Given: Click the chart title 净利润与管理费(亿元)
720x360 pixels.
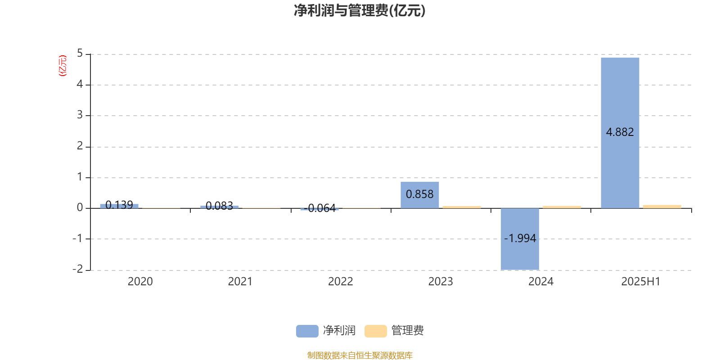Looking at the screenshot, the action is (x=360, y=10).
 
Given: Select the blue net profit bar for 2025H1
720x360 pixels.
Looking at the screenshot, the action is (x=620, y=133).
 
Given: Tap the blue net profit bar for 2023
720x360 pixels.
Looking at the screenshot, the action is (x=419, y=195).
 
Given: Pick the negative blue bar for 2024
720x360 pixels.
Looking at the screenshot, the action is (x=520, y=239).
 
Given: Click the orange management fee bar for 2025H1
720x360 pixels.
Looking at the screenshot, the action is (x=662, y=207).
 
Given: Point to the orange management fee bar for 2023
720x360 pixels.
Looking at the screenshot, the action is (x=462, y=207).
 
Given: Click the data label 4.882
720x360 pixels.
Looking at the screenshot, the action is (x=620, y=132).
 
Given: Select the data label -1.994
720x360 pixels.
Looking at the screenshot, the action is (x=520, y=238).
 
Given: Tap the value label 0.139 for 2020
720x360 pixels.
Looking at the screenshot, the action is (x=119, y=205).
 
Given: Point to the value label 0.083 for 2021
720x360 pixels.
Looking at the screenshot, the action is (x=219, y=206).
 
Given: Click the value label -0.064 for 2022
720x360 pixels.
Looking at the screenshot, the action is (x=319, y=208).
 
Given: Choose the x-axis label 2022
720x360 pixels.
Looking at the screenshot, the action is (x=340, y=282).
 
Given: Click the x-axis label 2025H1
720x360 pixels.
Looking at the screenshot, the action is (x=641, y=282).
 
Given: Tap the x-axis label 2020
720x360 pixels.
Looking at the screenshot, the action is (x=140, y=282).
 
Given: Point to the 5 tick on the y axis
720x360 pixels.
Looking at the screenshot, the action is (x=80, y=54).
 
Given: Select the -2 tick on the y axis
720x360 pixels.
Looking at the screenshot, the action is (x=78, y=269).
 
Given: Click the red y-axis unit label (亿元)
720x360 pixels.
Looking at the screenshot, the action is (x=63, y=66).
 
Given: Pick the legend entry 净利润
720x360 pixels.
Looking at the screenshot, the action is (x=326, y=331).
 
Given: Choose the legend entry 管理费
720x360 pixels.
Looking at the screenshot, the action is (x=394, y=331).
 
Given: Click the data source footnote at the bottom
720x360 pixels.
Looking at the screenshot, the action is (x=360, y=355).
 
